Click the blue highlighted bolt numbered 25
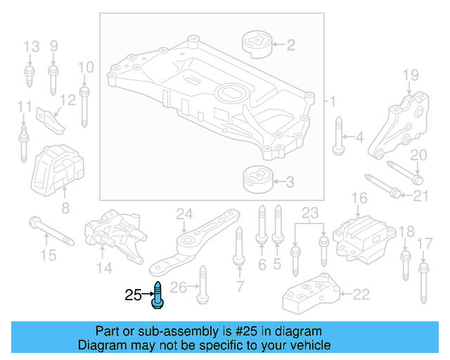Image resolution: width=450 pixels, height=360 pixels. (157, 294)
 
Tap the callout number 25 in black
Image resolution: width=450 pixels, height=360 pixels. (133, 296)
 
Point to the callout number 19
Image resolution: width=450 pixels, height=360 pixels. (410, 75)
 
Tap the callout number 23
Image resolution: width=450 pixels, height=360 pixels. (310, 212)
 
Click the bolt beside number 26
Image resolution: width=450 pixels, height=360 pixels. (202, 285)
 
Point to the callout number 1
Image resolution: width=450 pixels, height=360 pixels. (333, 102)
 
